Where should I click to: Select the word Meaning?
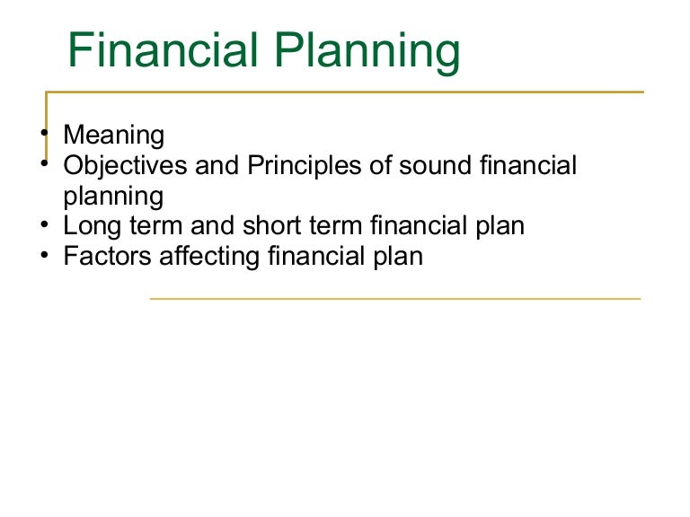point(114,136)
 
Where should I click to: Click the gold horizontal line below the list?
point(395,298)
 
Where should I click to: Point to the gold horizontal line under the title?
point(359,92)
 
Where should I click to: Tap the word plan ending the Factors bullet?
point(394,258)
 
